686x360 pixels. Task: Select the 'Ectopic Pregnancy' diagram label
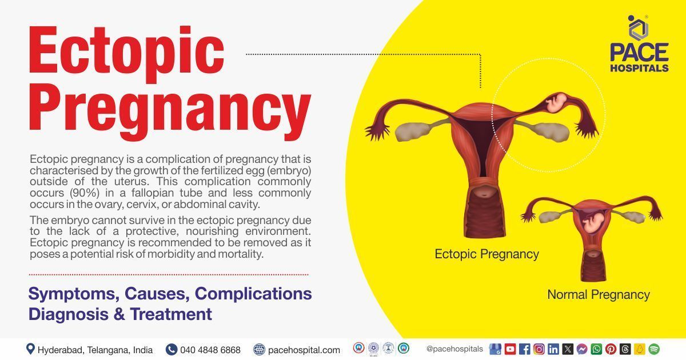point(486,254)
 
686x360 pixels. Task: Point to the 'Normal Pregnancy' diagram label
point(599,295)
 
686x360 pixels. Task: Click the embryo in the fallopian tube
point(555,102)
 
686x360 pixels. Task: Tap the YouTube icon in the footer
point(510,349)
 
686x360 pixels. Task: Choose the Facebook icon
point(524,349)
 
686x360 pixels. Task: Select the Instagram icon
point(539,349)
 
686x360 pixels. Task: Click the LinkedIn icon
point(553,349)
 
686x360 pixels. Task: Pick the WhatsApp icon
point(596,349)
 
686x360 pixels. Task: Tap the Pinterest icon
point(611,349)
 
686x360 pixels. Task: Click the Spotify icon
point(653,349)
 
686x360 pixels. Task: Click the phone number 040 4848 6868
point(210,350)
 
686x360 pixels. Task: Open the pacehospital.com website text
point(304,350)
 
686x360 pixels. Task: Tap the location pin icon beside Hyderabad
point(30,349)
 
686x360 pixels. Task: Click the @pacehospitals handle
point(454,349)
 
